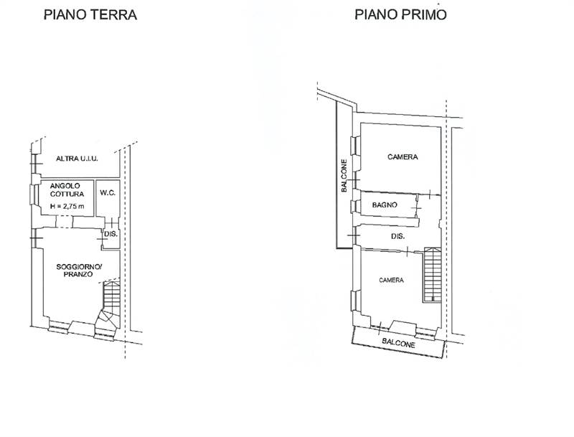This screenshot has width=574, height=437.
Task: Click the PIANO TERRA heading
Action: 90,14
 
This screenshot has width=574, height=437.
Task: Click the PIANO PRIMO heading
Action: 400,14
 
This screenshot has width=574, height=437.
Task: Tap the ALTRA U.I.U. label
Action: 77,159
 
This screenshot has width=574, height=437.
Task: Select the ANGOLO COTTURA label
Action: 67,190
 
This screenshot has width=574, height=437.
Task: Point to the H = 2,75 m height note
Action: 67,206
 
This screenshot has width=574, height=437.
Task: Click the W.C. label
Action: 108,193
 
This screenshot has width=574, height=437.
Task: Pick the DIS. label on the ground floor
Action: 111,234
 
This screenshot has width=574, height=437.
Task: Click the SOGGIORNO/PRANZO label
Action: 79,271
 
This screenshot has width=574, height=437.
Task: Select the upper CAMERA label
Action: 403,157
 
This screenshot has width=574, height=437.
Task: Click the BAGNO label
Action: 385,205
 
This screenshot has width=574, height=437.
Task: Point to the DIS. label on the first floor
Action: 398,236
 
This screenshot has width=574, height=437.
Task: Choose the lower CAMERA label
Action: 391,280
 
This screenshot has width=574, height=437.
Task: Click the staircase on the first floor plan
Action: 433,275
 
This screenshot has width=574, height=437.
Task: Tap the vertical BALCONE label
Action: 344,176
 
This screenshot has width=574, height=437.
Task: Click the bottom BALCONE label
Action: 399,344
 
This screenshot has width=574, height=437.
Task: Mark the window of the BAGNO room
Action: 354,207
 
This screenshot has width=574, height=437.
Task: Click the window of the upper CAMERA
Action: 354,146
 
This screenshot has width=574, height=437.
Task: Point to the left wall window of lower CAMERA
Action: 354,301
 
